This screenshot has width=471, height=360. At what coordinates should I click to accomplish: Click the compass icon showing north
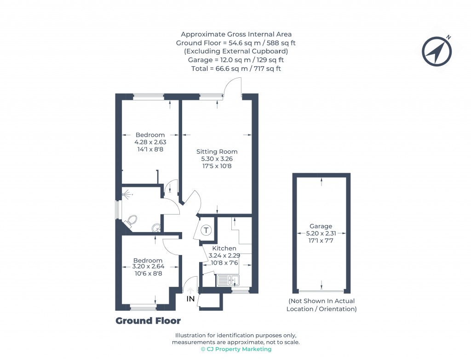437,50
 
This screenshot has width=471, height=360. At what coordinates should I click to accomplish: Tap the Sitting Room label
217,151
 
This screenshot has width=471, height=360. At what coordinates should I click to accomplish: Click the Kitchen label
224,248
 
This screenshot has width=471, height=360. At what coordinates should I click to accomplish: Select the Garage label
321,226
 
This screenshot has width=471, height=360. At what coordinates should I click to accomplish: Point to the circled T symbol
206,230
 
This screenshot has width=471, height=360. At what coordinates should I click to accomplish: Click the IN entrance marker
190,299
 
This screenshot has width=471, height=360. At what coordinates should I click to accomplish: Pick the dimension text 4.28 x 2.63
150,142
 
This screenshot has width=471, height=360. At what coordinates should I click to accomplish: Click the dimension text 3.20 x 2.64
148,267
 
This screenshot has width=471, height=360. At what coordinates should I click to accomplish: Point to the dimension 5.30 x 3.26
217,159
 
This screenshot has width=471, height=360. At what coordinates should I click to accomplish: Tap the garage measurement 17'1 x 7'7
321,240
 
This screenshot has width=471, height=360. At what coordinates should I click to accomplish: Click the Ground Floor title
148,321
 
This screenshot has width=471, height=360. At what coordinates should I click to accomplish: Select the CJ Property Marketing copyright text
236,349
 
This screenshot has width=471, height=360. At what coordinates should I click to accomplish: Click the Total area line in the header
236,69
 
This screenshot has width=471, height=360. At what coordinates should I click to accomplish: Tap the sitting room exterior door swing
233,87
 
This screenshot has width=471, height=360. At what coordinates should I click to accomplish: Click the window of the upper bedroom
148,97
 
